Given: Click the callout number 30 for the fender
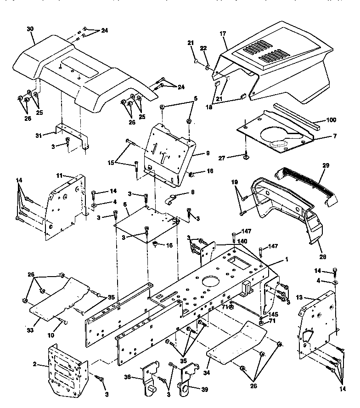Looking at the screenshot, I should click(30, 28).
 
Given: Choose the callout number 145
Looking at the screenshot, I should click(274, 314).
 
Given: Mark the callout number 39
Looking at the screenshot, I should click(204, 389).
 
